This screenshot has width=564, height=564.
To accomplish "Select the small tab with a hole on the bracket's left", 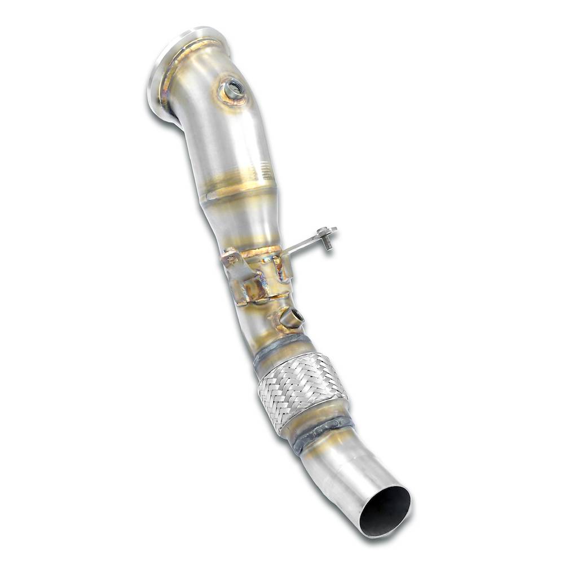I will click(229, 258).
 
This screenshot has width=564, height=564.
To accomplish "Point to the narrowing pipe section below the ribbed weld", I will click(243, 220).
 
